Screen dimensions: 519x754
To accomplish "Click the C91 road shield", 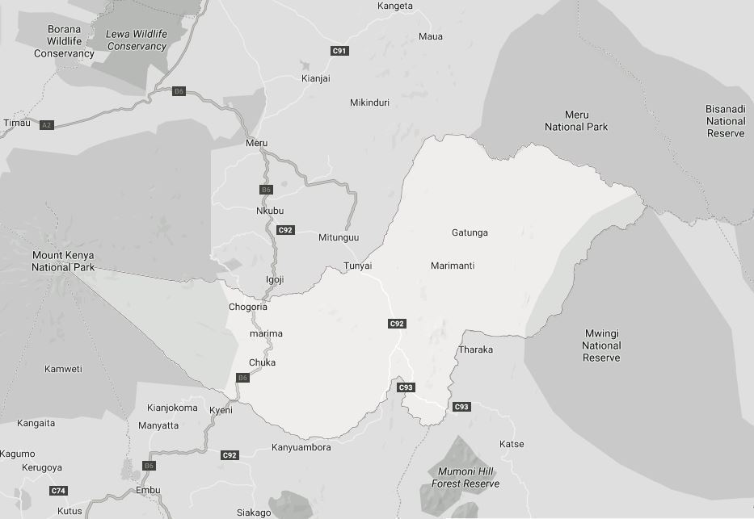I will coord(339,51).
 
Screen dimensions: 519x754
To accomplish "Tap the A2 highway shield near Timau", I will coord(47,125).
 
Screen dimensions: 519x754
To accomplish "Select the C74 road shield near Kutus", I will coord(58,491).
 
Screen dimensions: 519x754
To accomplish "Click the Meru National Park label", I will coord(576,121).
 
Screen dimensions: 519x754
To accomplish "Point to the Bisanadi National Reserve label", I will coord(725,121).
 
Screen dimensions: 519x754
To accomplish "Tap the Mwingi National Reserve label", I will coord(601,345).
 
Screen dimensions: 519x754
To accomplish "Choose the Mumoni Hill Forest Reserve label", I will coord(465,477).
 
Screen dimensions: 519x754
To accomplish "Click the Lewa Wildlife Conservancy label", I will coord(137,40).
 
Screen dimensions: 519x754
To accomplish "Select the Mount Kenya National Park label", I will coord(63,261).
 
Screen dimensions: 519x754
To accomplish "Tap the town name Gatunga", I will coord(470,233).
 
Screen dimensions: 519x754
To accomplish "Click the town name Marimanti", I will coord(453,266).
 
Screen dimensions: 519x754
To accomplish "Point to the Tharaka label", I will coord(475,349).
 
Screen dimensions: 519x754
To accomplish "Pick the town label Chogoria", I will coord(248,307).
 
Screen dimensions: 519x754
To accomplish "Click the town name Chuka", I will coord(262,362).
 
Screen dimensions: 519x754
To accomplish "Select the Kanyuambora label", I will coord(301,447).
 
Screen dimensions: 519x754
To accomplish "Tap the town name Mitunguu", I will coord(339,237).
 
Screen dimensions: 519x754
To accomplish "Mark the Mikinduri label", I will coord(369,103).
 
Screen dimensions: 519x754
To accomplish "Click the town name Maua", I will coord(431,36).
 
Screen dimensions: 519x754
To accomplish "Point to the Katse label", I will coord(512,444).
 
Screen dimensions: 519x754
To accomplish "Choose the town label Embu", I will coord(148,490).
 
